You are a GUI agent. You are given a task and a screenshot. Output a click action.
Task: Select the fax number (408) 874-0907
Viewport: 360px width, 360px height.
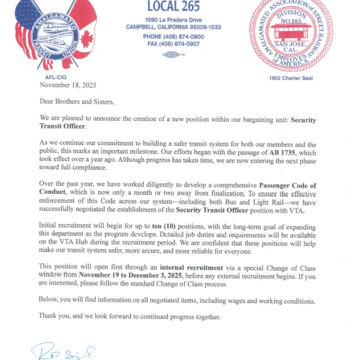[173, 44]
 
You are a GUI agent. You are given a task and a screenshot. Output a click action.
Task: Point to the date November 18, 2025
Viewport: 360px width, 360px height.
[67, 86]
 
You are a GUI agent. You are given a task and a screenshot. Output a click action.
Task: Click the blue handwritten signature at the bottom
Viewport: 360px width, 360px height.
[63, 350]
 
